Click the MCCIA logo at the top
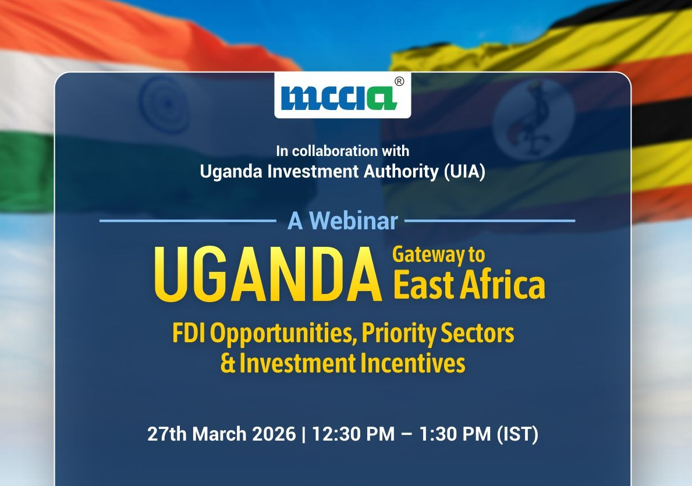(339, 98)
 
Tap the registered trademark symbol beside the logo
(399, 81)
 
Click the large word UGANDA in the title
(268, 275)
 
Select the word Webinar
(353, 221)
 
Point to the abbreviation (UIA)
(464, 171)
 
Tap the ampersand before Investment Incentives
(228, 364)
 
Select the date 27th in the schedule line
(167, 434)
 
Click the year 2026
(274, 434)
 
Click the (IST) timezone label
(517, 434)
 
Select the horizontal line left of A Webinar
(188, 221)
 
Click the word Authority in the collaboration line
(401, 171)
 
